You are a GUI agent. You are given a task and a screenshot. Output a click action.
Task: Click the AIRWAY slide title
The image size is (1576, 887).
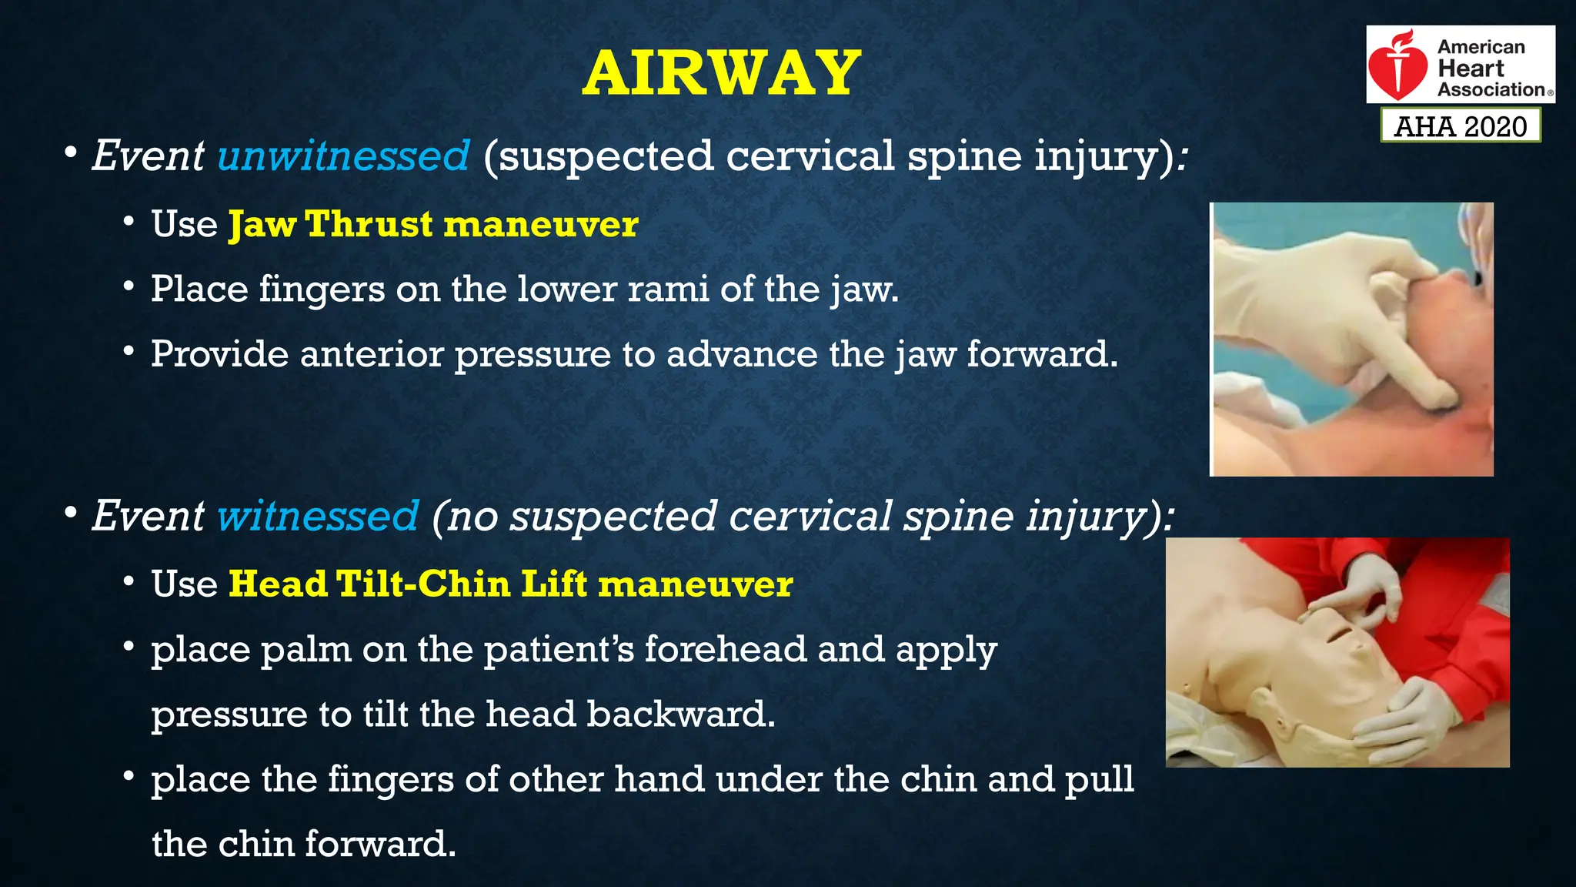click(x=721, y=73)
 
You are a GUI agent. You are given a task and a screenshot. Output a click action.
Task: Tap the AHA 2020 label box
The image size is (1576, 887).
click(x=1461, y=126)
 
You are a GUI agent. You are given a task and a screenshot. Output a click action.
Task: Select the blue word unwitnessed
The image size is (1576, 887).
click(x=343, y=156)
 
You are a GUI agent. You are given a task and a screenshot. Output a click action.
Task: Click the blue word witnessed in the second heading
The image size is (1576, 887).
click(x=318, y=515)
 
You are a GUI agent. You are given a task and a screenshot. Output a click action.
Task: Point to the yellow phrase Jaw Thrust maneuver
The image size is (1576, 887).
click(x=433, y=224)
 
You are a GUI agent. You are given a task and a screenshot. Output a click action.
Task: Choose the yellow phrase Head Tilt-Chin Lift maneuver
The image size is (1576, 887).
click(x=511, y=584)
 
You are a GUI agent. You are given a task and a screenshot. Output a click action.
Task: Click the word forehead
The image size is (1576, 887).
click(x=726, y=648)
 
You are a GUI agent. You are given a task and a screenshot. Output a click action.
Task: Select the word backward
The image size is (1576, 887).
click(x=681, y=714)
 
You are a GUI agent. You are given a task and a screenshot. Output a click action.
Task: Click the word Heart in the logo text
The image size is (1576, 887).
click(x=1471, y=69)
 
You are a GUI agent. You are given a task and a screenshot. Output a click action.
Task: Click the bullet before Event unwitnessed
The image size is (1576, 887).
click(x=71, y=152)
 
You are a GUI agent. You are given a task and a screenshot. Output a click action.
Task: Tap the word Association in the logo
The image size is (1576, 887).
click(x=1491, y=90)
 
